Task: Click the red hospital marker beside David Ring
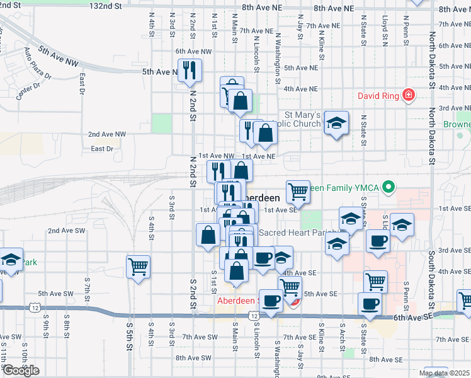pos(409,95)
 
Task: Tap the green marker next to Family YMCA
pos(389,186)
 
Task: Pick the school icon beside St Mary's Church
pos(337,123)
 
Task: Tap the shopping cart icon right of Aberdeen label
pos(298,190)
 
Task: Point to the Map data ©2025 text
pos(445,373)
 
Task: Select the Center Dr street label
pos(28,91)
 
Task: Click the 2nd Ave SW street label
pos(66,231)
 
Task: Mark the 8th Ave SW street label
pos(193,358)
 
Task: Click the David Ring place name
pos(379,96)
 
